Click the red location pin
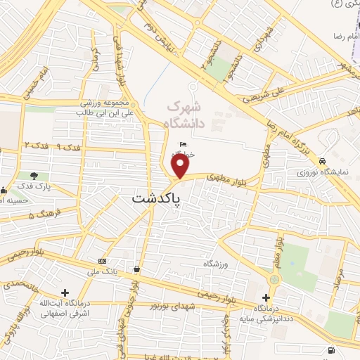click(x=181, y=167)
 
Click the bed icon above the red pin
click(x=183, y=145)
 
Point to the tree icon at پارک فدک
click(x=34, y=175)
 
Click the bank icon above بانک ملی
click(x=102, y=259)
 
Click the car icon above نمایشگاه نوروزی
click(x=321, y=160)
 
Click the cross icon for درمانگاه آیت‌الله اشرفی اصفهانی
click(x=65, y=292)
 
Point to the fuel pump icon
click(x=331, y=350)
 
